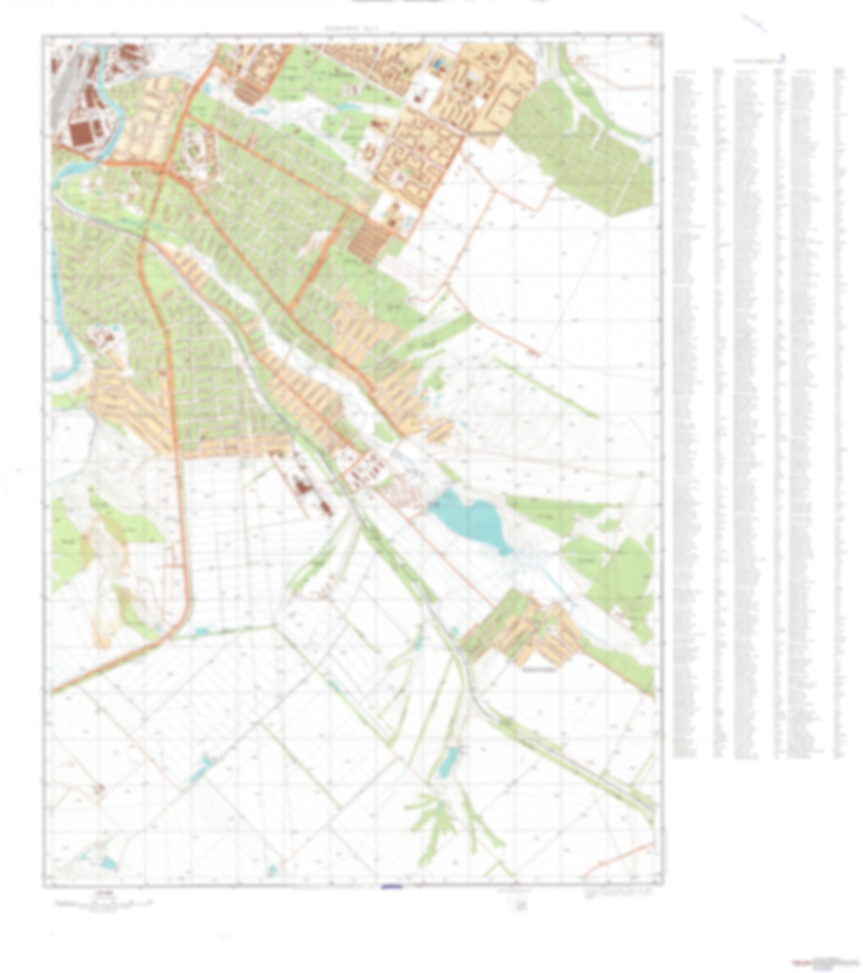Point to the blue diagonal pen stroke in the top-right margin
754,23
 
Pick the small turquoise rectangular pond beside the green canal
202,632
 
